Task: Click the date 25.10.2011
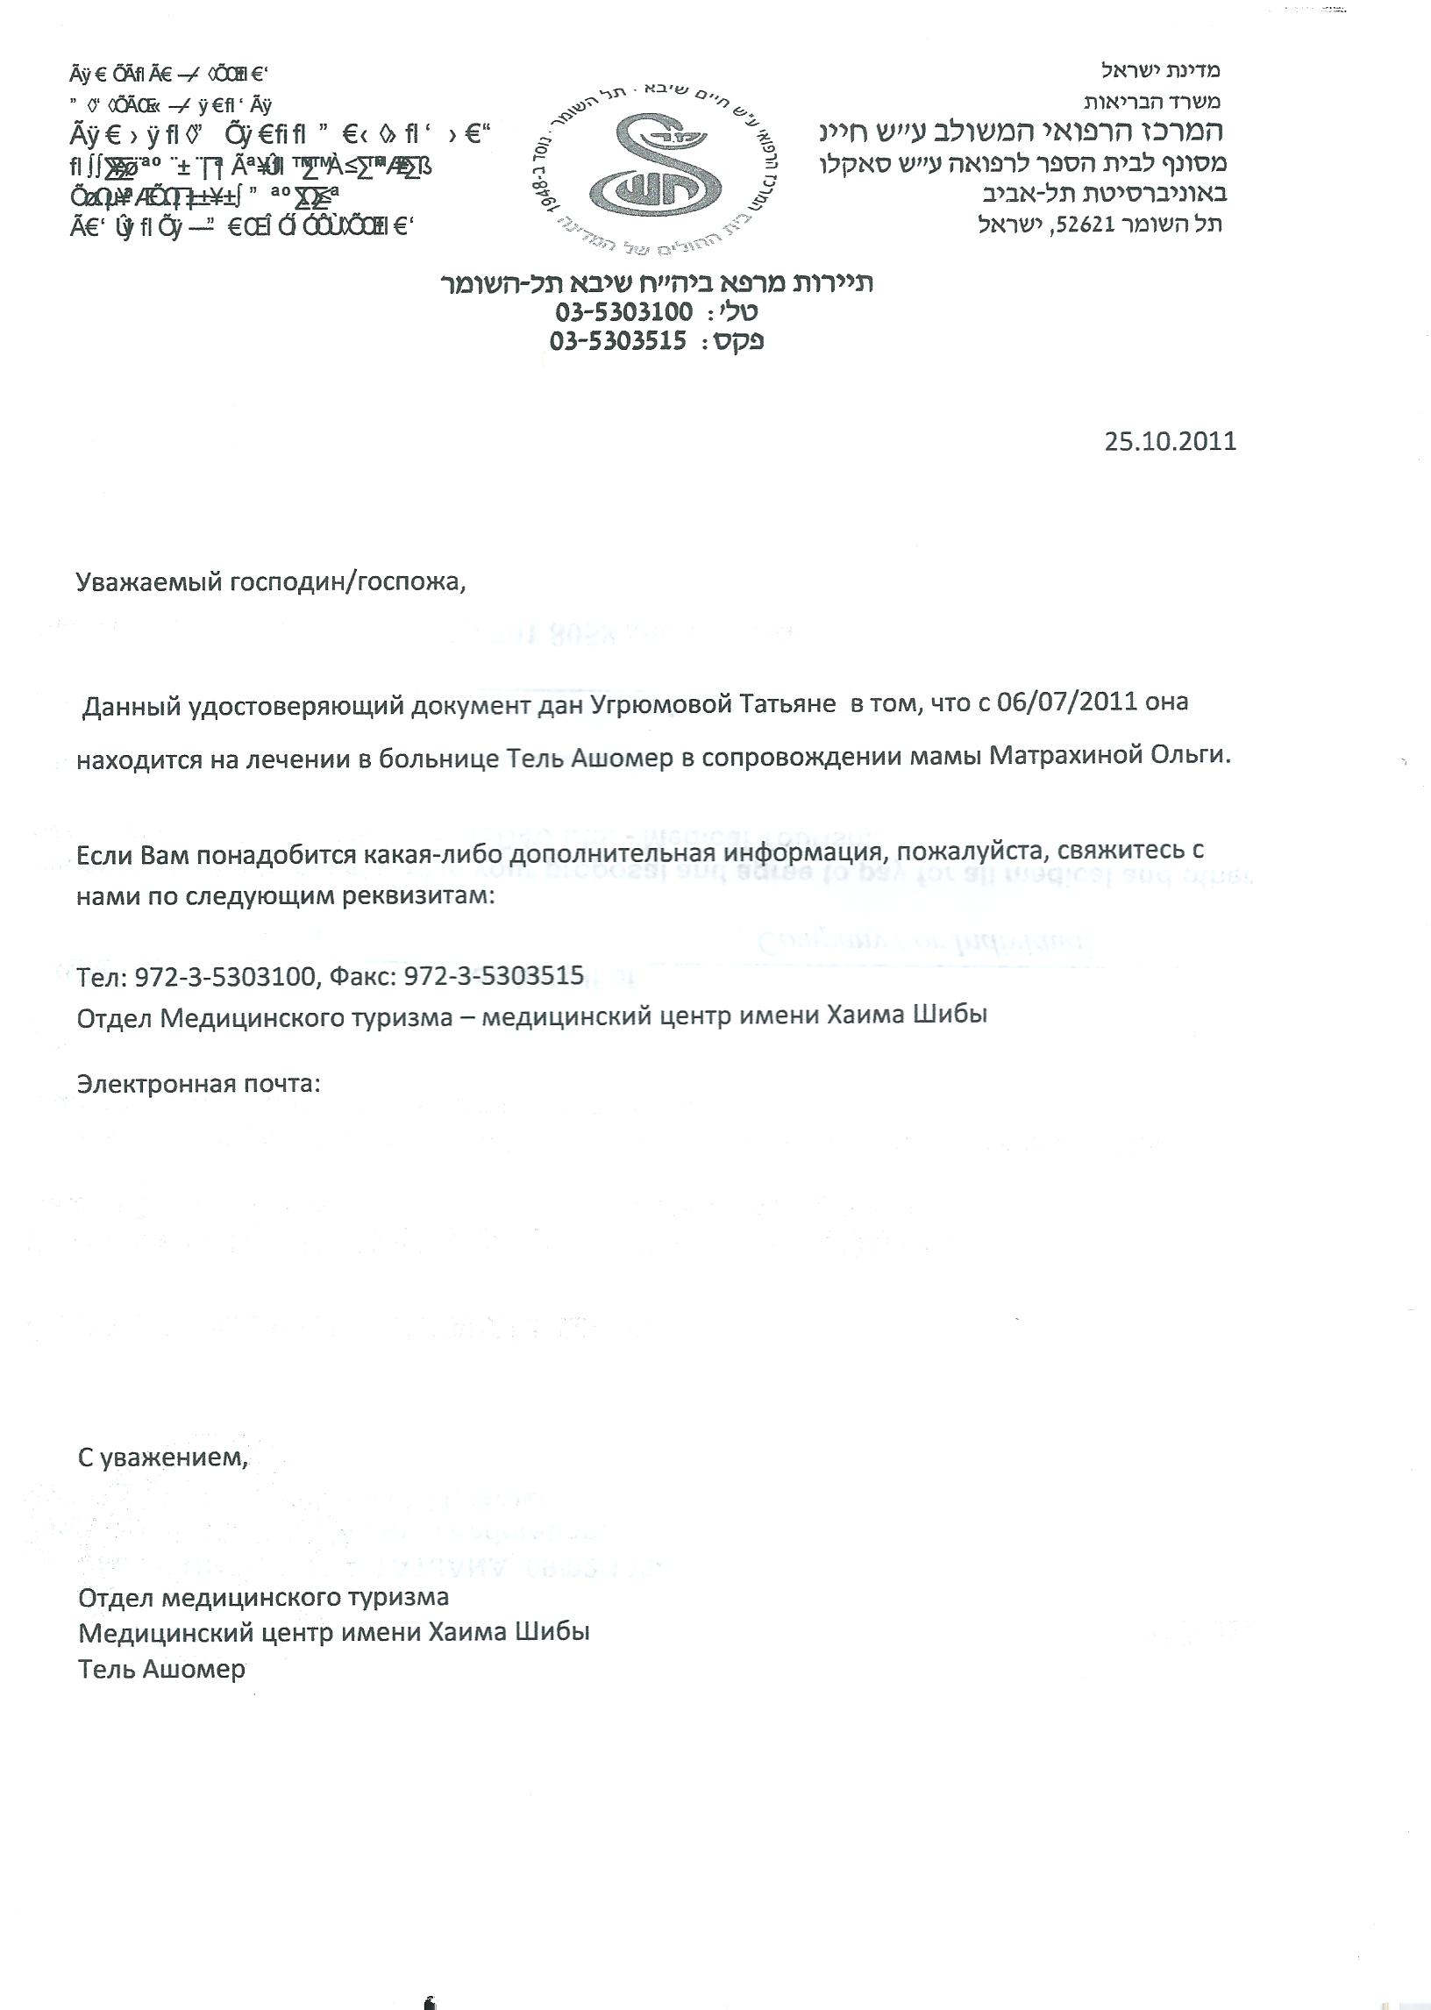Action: (1171, 441)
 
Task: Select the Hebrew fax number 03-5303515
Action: (617, 341)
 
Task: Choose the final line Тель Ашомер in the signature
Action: (162, 1669)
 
